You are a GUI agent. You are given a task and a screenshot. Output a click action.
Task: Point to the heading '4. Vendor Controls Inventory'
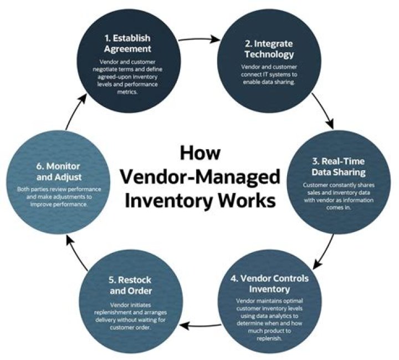[x=268, y=283]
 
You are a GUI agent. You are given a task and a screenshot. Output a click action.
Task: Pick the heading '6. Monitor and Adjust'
[x=59, y=171]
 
